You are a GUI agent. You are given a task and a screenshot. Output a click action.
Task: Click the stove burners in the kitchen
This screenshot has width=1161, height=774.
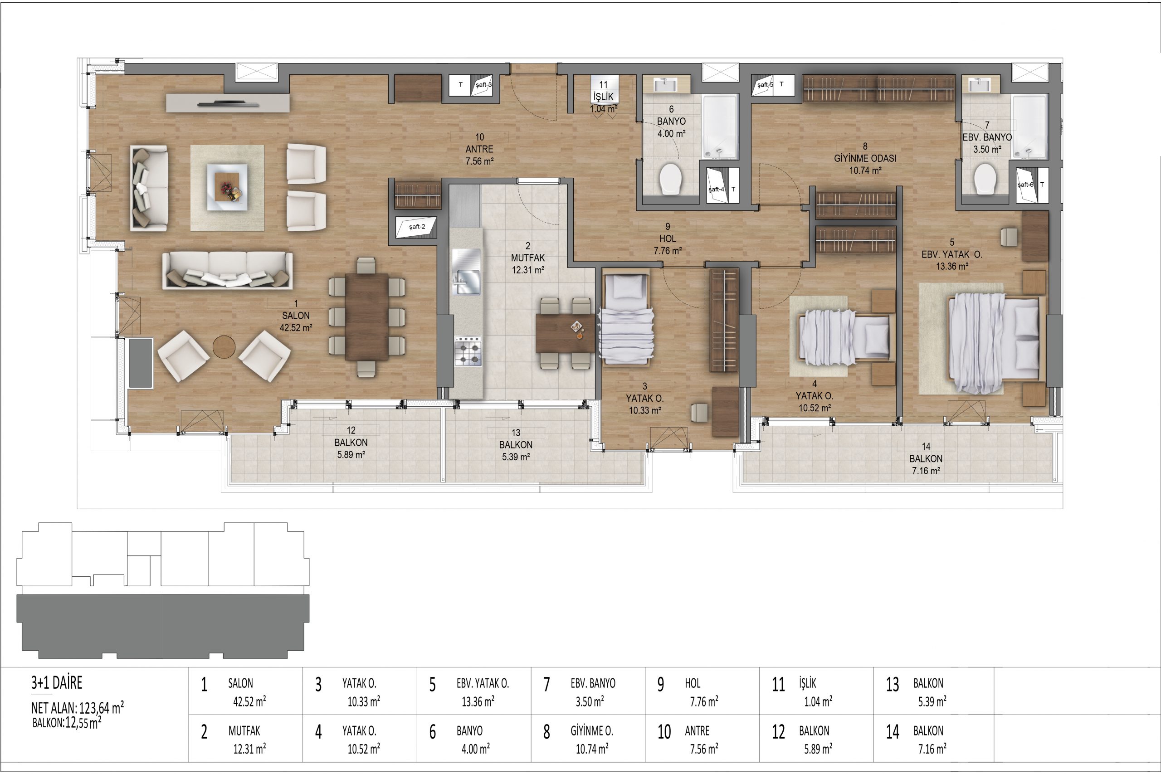pos(468,351)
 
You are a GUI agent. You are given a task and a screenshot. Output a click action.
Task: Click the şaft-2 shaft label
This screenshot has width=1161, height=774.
pos(417,227)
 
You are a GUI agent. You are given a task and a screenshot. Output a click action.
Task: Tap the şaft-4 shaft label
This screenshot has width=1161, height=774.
pos(716,189)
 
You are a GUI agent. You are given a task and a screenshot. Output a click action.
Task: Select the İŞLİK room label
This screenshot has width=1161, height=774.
pos(603,97)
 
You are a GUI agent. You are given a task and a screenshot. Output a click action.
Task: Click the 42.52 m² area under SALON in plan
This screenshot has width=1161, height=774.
pos(296,327)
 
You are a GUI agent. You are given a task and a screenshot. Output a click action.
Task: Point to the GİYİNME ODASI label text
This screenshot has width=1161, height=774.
pos(865,158)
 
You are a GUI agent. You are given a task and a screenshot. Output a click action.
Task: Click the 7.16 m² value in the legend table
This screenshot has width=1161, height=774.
pos(932,750)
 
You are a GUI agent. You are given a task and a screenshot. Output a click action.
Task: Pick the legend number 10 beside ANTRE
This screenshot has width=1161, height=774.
pos(664,731)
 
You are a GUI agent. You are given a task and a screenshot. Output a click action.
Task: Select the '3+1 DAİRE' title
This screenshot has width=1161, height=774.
pos(57,683)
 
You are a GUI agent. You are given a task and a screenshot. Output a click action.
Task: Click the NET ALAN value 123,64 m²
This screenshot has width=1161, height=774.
pos(101,708)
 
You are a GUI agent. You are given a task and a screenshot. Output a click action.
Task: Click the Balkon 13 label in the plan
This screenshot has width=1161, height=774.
pos(516,445)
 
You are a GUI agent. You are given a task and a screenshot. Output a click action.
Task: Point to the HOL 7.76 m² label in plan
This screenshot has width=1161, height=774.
pos(668,239)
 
